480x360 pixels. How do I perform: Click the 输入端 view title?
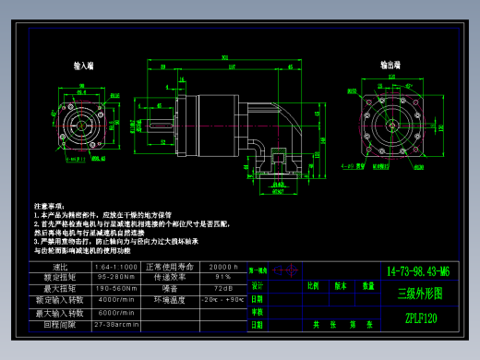(83, 66)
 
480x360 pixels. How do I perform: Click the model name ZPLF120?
(419, 318)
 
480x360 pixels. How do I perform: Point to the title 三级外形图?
(419, 294)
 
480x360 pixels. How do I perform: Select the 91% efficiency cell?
(223, 277)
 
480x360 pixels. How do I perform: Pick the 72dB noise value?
(223, 288)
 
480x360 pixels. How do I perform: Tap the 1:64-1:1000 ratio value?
(117, 266)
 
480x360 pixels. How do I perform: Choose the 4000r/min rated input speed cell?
(117, 299)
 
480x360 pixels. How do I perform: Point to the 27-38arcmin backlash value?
(117, 324)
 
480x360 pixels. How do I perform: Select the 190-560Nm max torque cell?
(117, 288)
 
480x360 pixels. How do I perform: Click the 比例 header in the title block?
(313, 286)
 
